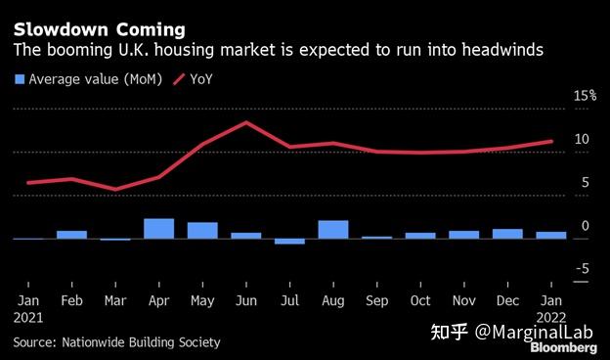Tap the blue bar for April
158,228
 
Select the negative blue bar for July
289,241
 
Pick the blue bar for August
332,229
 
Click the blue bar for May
202,230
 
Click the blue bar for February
71,234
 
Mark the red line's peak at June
246,122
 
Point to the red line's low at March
115,190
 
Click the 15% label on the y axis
585,96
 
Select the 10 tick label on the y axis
582,140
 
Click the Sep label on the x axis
376,300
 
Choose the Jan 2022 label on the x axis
550,307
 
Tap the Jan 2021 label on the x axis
28,307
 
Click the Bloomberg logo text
566,346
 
